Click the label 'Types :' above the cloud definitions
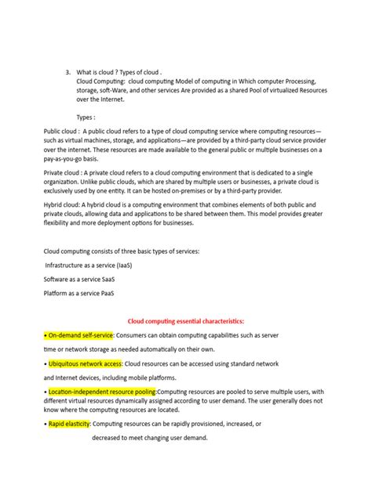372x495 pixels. click(89, 114)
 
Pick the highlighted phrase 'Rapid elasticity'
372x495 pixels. click(69, 423)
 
